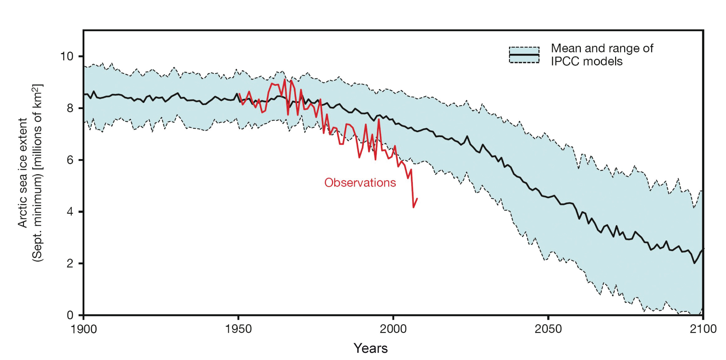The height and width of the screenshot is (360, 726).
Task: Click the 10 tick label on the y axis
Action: coord(67,56)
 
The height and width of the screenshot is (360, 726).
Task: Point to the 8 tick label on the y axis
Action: coord(70,108)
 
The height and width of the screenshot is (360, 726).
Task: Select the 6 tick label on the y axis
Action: coord(70,160)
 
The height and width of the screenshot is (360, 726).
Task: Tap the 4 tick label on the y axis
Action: coord(70,212)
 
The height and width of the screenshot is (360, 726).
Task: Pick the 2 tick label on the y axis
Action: coord(70,263)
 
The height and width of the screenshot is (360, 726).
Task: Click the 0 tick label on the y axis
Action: coord(70,315)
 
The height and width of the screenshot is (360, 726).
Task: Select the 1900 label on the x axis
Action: coord(84,329)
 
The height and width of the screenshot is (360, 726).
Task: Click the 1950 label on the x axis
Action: coord(238,329)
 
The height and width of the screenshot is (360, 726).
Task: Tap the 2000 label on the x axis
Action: coord(393,329)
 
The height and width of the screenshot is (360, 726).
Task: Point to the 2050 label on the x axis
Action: coord(548,329)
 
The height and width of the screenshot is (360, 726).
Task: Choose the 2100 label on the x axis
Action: coord(703,329)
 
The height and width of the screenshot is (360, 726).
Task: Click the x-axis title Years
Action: coord(371,348)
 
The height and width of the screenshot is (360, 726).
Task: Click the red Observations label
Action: coord(360,183)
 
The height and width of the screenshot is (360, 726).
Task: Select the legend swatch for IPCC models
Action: coord(524,55)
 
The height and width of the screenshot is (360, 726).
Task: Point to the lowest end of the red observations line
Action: coord(414,207)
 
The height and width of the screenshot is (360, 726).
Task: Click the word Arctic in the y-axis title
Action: coord(23,213)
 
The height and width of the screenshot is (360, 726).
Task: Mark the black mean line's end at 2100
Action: coord(703,249)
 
